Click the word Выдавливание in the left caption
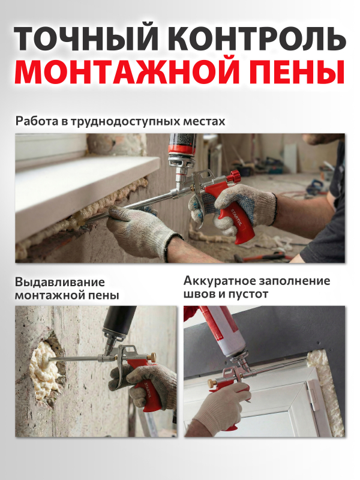tap(59, 282)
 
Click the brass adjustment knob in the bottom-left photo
tap(151, 357)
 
